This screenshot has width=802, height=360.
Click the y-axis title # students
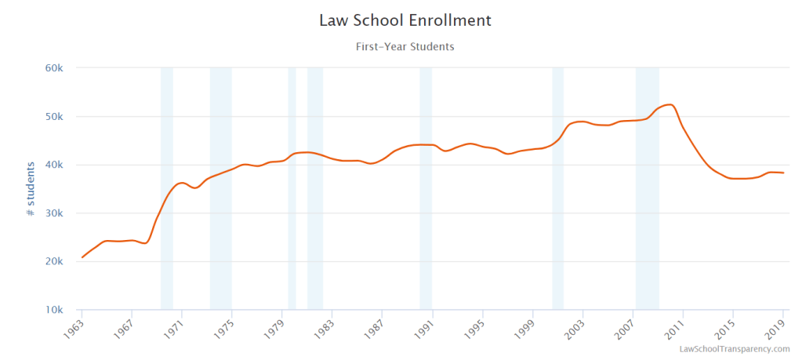click(31, 189)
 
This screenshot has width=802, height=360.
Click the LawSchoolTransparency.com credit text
click(735, 349)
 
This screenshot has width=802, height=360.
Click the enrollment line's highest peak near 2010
click(669, 104)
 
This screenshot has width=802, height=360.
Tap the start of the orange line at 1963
click(82, 256)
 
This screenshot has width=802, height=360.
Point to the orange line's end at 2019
click(783, 173)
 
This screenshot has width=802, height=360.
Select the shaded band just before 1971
click(167, 188)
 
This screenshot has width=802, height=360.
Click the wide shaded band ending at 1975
click(220, 188)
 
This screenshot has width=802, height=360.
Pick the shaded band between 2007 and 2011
click(647, 188)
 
